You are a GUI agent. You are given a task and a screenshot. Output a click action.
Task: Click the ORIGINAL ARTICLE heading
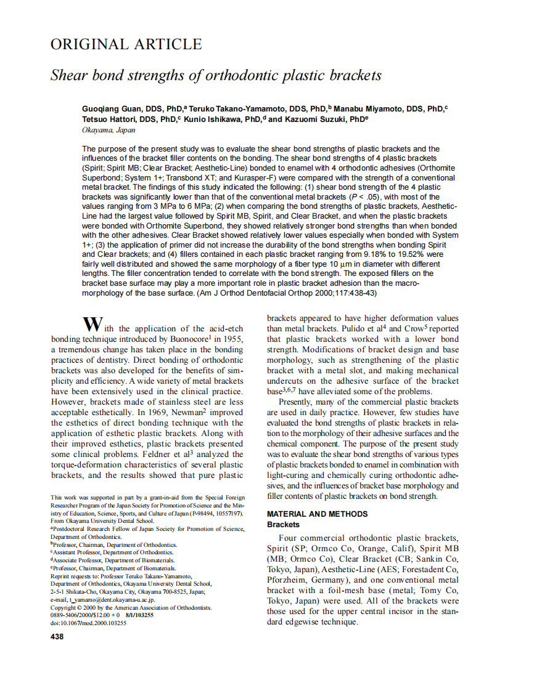[x=126, y=44]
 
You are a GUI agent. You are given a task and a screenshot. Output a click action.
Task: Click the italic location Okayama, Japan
[x=109, y=130]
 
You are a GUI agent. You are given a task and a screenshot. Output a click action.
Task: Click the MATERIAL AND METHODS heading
[x=317, y=514]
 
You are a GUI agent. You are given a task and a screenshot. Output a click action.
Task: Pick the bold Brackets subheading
[x=283, y=524]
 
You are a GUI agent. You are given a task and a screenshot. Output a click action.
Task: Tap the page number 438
[x=57, y=636]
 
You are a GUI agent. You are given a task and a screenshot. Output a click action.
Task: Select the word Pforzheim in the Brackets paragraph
[x=290, y=580]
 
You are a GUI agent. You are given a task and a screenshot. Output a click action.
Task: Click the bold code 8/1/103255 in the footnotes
[x=139, y=615]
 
